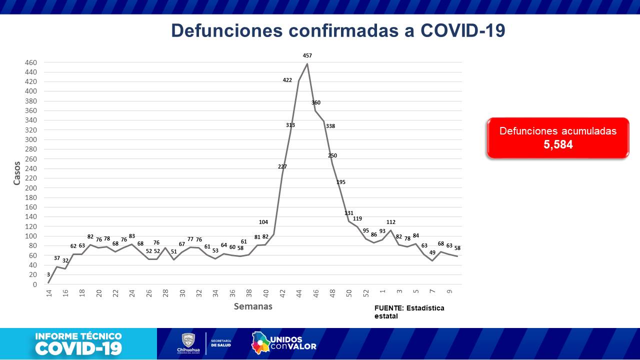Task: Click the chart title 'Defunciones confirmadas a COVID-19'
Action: click(338, 30)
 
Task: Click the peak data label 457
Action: click(307, 55)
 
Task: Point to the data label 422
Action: click(287, 80)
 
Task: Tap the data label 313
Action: click(290, 125)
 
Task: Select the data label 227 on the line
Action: click(282, 166)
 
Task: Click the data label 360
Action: click(316, 102)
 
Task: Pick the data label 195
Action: click(341, 182)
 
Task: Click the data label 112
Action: click(391, 222)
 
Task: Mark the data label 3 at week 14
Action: click(48, 274)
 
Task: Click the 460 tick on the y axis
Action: click(31, 62)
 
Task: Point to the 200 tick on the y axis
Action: click(31, 188)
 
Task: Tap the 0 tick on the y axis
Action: click(34, 284)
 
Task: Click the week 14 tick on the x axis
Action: click(49, 293)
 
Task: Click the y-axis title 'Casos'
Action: click(17, 173)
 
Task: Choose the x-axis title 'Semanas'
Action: click(253, 306)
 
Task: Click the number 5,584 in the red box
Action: click(558, 145)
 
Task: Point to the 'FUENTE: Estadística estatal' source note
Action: click(409, 311)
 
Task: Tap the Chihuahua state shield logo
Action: click(188, 340)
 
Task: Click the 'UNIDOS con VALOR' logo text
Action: click(293, 342)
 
